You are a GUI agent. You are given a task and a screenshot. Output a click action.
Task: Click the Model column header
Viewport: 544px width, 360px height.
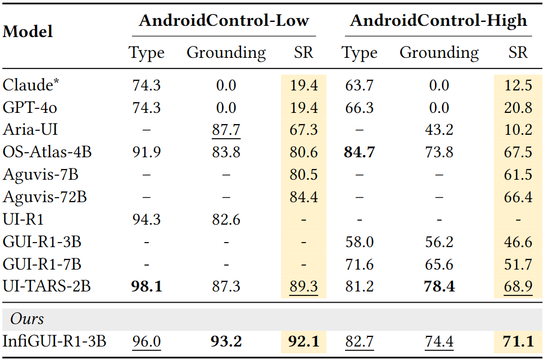click(28, 31)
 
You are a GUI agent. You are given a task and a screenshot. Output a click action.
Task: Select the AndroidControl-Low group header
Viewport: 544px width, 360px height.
click(224, 21)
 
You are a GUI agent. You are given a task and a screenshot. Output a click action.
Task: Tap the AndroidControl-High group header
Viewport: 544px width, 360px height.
click(438, 21)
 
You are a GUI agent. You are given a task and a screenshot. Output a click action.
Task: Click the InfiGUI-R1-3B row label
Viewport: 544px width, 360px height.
click(55, 341)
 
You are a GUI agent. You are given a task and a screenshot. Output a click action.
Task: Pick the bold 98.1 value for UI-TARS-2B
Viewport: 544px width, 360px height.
click(146, 286)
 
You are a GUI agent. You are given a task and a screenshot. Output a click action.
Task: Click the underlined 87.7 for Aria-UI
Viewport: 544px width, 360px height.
click(226, 130)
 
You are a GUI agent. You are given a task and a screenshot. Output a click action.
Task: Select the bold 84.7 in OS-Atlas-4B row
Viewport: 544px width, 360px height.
click(359, 152)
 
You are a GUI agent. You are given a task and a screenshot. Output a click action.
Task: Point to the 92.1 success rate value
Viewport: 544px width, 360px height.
click(304, 341)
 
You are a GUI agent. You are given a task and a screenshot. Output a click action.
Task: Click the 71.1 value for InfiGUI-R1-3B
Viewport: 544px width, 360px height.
click(518, 341)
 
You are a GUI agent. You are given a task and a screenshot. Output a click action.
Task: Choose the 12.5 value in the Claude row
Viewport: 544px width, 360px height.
click(518, 85)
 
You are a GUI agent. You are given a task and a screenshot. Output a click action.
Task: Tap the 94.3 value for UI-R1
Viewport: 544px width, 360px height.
click(146, 220)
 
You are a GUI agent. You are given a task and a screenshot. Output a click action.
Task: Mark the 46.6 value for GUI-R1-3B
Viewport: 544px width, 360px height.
click(518, 242)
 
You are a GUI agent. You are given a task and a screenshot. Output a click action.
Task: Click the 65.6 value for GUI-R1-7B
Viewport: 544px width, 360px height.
click(439, 265)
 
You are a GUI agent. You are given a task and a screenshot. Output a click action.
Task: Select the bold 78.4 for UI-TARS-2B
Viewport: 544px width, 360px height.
click(439, 286)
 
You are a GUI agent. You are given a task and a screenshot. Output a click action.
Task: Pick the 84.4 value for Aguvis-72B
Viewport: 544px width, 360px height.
click(304, 197)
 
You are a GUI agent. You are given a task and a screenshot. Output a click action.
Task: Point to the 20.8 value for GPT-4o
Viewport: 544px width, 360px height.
click(518, 108)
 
